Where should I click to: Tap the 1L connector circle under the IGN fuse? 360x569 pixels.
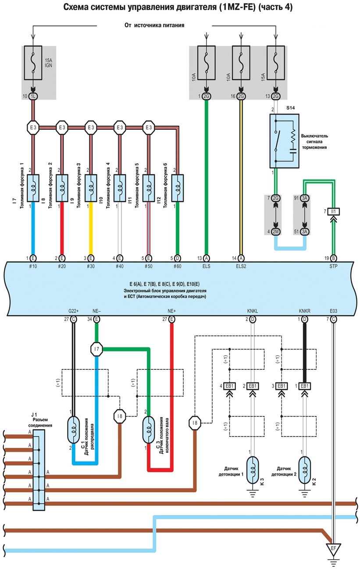pyautogui.click(x=34, y=96)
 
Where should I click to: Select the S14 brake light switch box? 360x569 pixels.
pyautogui.click(x=284, y=141)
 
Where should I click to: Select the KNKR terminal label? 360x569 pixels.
pyautogui.click(x=304, y=311)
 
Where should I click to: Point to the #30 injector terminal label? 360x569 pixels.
pyautogui.click(x=91, y=265)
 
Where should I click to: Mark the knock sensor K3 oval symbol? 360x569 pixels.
pyautogui.click(x=253, y=470)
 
